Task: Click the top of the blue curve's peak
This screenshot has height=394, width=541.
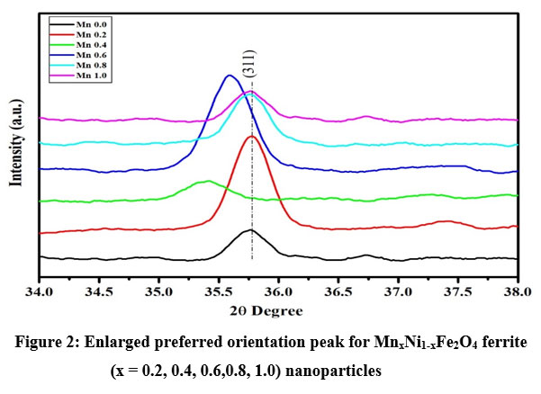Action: (230, 76)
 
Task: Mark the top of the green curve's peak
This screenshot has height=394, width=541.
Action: (208, 181)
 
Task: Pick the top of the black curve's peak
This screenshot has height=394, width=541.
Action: (249, 229)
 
